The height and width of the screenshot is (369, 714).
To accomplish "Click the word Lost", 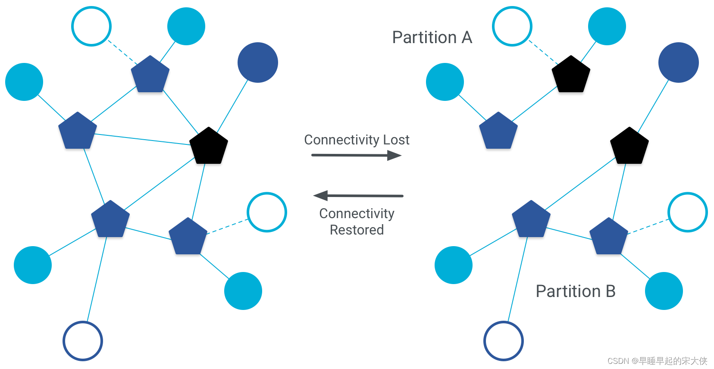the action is [x=396, y=140].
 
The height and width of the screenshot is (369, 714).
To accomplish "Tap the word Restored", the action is [x=357, y=230].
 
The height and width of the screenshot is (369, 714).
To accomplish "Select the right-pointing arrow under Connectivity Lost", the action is [x=357, y=156].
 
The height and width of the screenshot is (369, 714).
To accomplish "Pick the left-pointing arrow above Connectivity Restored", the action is [x=358, y=196].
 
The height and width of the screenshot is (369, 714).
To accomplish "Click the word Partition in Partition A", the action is [x=425, y=38].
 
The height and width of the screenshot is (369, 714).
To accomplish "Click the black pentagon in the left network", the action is [x=209, y=146].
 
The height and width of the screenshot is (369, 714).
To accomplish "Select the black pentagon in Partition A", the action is [x=571, y=74].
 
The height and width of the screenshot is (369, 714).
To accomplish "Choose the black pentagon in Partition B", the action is [x=629, y=146].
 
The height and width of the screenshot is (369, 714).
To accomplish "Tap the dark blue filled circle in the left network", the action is [x=257, y=63].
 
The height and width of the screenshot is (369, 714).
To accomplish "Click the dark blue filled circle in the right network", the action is [x=679, y=63].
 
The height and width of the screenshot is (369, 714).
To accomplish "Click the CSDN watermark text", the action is [x=657, y=361].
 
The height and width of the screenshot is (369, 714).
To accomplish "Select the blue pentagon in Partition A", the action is [x=498, y=131].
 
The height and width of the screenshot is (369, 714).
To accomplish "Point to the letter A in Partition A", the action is [x=467, y=38].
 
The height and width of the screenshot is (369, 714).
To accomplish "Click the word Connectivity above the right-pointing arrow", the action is [x=342, y=140].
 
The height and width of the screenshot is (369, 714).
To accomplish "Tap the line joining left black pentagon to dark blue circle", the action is [x=232, y=106].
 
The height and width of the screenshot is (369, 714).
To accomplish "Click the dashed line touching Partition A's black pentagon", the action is [x=543, y=53].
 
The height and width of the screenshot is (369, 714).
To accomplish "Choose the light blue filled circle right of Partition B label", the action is [x=664, y=291].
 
